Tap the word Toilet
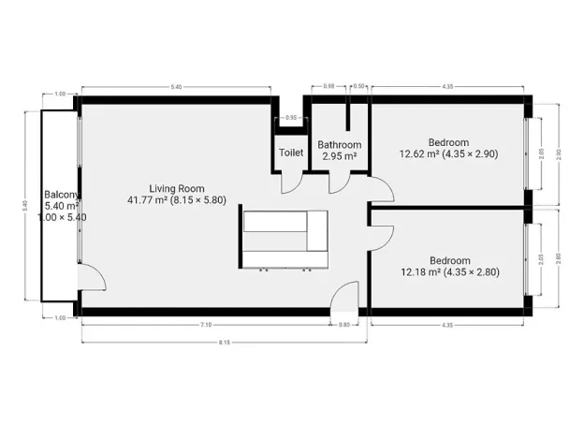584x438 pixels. click(x=290, y=152)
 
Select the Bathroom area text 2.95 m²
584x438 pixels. click(x=339, y=156)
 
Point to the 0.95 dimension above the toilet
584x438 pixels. click(x=290, y=118)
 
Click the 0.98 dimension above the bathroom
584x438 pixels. click(x=328, y=86)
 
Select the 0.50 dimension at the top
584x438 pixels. click(x=359, y=86)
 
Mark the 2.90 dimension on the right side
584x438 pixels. click(x=560, y=152)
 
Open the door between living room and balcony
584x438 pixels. click(x=91, y=277)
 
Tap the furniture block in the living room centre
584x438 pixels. click(x=285, y=239)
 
